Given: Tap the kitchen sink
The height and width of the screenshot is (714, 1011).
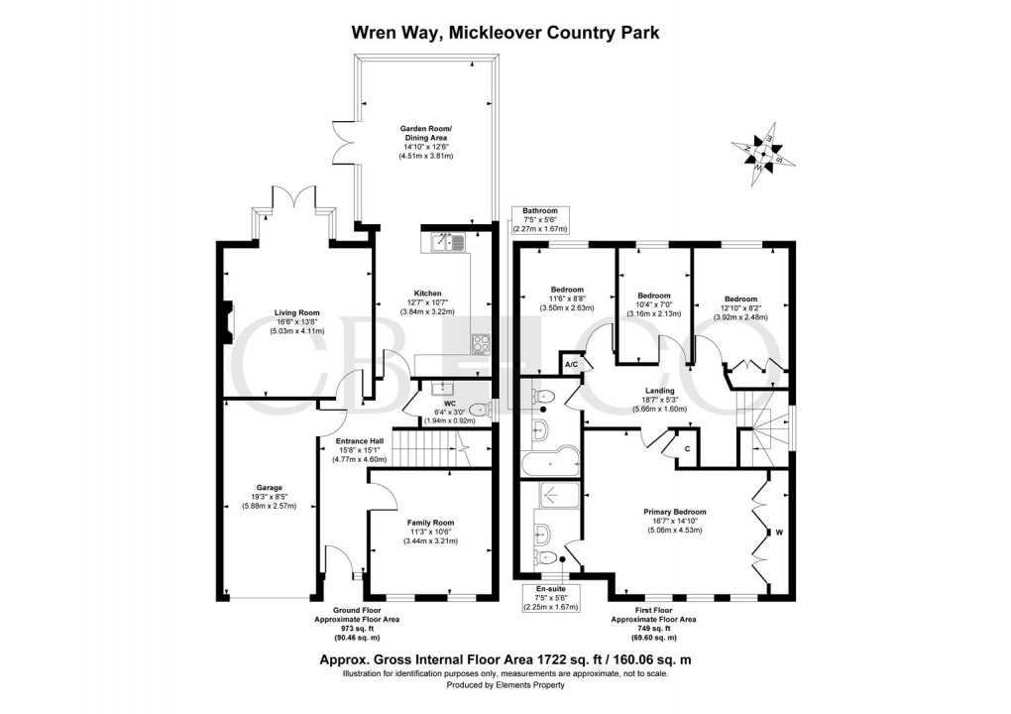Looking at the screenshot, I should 449,241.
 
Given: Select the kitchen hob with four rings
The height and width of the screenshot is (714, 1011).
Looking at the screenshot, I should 482,344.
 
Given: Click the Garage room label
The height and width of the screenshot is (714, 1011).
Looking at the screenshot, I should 269,488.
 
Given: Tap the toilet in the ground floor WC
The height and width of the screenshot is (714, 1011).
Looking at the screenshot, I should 481,407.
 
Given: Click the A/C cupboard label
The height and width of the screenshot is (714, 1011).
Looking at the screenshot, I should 571,365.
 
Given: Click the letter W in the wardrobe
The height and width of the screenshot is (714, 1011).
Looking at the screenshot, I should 779,534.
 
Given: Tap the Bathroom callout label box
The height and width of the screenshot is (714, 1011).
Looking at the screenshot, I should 540,219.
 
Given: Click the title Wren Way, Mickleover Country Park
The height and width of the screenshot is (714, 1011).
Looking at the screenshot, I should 505,32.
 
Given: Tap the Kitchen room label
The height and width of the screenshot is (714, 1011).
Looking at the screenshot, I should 427,294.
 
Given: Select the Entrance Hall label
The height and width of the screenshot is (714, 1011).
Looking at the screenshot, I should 357,440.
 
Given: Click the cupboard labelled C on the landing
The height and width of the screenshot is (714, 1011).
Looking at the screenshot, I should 686,447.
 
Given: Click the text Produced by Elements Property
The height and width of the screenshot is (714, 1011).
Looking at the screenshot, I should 505,685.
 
